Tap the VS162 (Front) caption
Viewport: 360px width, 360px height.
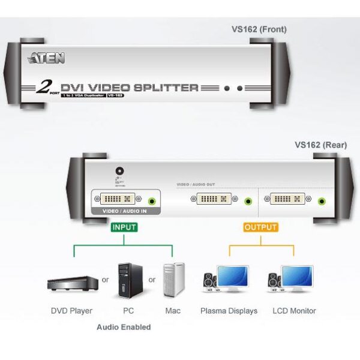click(259, 29)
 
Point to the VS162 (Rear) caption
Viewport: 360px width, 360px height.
click(321, 145)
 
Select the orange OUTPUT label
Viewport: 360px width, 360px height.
click(260, 227)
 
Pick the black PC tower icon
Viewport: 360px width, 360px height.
click(125, 280)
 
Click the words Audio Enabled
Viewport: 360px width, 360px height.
click(124, 327)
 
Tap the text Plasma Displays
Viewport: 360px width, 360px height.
click(229, 311)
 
